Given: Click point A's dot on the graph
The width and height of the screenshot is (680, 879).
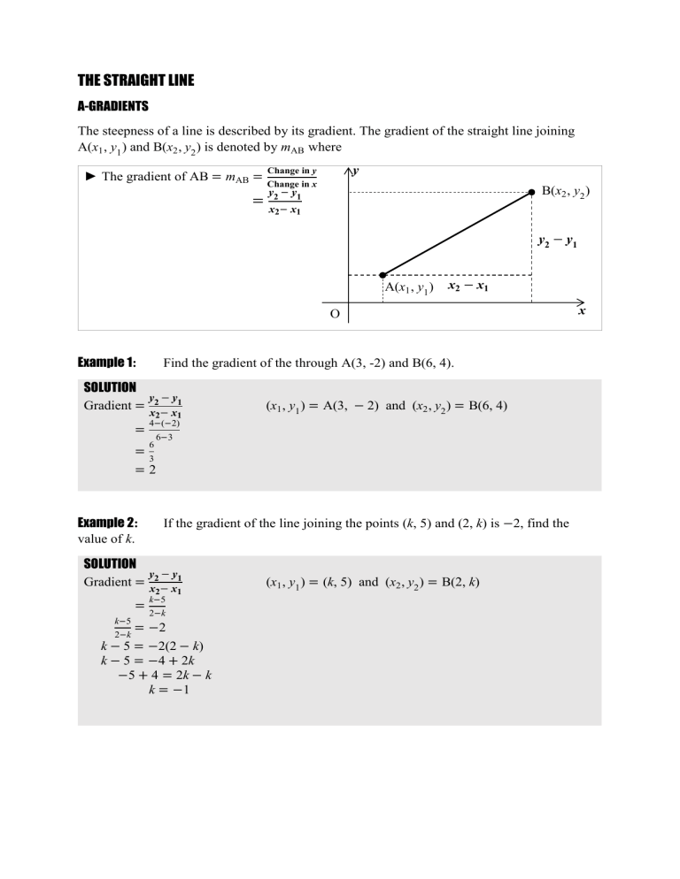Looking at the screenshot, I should click(x=382, y=275).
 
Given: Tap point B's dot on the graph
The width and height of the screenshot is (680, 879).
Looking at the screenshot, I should click(x=531, y=191).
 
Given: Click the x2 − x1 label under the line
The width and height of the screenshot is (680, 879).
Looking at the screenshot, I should click(x=469, y=287).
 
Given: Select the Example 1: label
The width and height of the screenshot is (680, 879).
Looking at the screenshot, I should click(x=107, y=363).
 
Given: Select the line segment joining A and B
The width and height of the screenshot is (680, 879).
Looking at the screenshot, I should click(x=457, y=233).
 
